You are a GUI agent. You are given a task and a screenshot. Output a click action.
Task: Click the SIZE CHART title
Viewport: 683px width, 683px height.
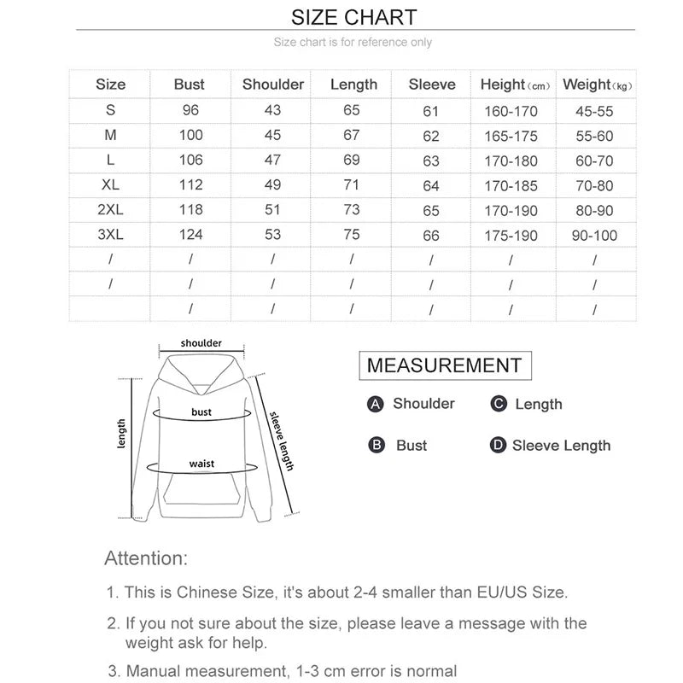click(x=353, y=17)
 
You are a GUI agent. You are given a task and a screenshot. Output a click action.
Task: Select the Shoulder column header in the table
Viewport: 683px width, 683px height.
click(x=273, y=85)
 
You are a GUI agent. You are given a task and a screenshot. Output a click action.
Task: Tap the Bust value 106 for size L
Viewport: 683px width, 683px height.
click(x=190, y=160)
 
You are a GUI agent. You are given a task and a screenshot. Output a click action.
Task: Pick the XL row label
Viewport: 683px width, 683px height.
click(x=110, y=185)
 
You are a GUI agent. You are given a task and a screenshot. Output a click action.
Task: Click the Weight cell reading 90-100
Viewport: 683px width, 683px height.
click(x=594, y=235)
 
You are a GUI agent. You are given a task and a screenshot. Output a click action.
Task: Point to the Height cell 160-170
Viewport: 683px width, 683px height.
click(x=510, y=111)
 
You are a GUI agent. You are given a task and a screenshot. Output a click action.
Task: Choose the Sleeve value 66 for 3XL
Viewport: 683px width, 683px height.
click(x=431, y=236)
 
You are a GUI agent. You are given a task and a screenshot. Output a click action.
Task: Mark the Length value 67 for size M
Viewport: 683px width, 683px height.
click(x=353, y=135)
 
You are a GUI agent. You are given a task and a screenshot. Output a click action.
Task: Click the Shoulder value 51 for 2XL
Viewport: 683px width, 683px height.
click(x=272, y=210)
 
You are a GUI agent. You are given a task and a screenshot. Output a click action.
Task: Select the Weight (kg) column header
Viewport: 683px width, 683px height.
click(x=598, y=85)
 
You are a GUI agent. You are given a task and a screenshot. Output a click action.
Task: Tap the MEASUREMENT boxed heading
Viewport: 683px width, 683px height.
click(x=444, y=365)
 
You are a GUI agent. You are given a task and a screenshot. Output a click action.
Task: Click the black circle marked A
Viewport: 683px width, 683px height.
click(x=375, y=405)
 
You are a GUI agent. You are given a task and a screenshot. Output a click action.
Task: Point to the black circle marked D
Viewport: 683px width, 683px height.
click(x=499, y=446)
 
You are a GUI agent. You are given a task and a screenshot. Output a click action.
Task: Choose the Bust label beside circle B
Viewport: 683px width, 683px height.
click(x=412, y=446)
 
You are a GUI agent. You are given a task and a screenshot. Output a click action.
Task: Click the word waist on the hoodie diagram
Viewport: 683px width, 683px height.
click(x=202, y=464)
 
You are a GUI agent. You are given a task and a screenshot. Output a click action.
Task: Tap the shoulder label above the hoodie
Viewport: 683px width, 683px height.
click(x=201, y=343)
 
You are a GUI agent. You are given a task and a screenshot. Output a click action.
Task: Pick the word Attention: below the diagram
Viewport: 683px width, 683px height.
click(x=145, y=558)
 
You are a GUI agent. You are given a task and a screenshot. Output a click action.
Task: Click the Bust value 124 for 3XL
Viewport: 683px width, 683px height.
click(x=190, y=235)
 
